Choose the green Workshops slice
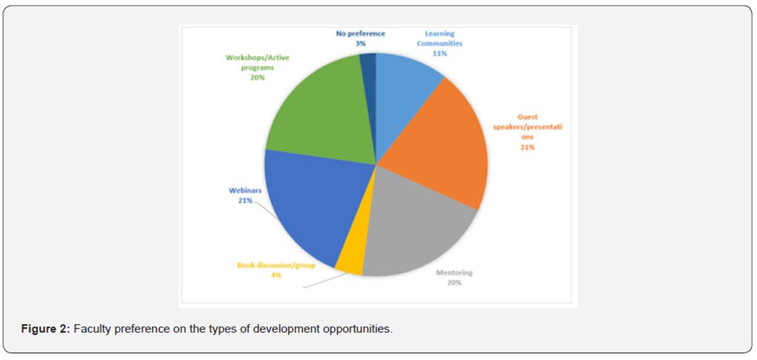(315, 113)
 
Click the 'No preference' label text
(361, 33)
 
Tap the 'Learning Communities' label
(440, 39)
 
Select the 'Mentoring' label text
(454, 273)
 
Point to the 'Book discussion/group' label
(276, 265)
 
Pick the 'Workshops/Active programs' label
(257, 62)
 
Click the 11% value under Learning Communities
(440, 54)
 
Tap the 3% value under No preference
(361, 44)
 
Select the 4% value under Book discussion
(276, 275)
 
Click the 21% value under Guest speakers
(527, 147)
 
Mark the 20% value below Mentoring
(454, 282)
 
